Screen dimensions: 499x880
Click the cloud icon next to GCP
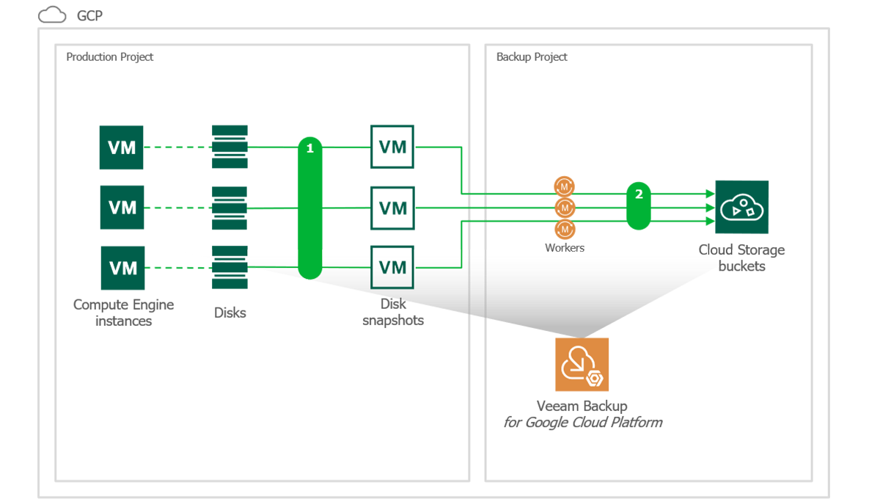click(52, 15)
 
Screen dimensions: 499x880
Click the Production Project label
click(109, 57)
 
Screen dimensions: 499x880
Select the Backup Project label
click(532, 57)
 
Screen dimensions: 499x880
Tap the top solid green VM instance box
click(122, 147)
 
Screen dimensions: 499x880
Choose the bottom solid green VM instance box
click(122, 268)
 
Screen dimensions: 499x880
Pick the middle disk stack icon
click(230, 208)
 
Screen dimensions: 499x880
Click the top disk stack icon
click(230, 147)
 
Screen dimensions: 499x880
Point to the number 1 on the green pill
click(310, 148)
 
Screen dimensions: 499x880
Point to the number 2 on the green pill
click(639, 194)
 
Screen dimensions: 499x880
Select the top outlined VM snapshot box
click(392, 147)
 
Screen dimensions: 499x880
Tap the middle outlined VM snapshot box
click(392, 208)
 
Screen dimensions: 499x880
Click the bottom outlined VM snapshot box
click(392, 268)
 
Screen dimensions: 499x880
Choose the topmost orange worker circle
click(565, 186)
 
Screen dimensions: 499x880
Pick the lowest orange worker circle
click(565, 230)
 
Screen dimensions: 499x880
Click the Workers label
click(565, 248)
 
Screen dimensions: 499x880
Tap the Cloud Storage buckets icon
click(741, 207)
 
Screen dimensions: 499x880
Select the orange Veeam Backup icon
click(582, 365)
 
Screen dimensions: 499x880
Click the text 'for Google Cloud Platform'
click(582, 423)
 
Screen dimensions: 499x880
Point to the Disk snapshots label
click(393, 312)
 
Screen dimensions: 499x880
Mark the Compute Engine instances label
click(122, 313)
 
